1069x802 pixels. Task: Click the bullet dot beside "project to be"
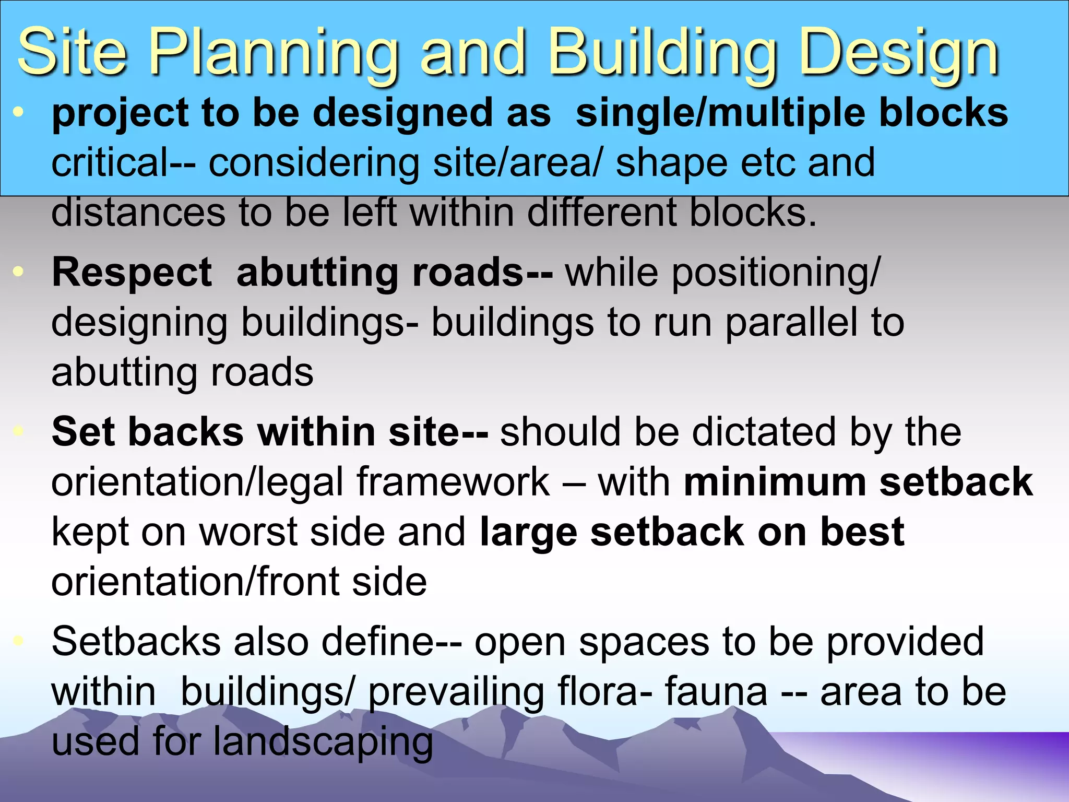pyautogui.click(x=19, y=112)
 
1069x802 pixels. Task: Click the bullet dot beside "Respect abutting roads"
pyautogui.click(x=19, y=272)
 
